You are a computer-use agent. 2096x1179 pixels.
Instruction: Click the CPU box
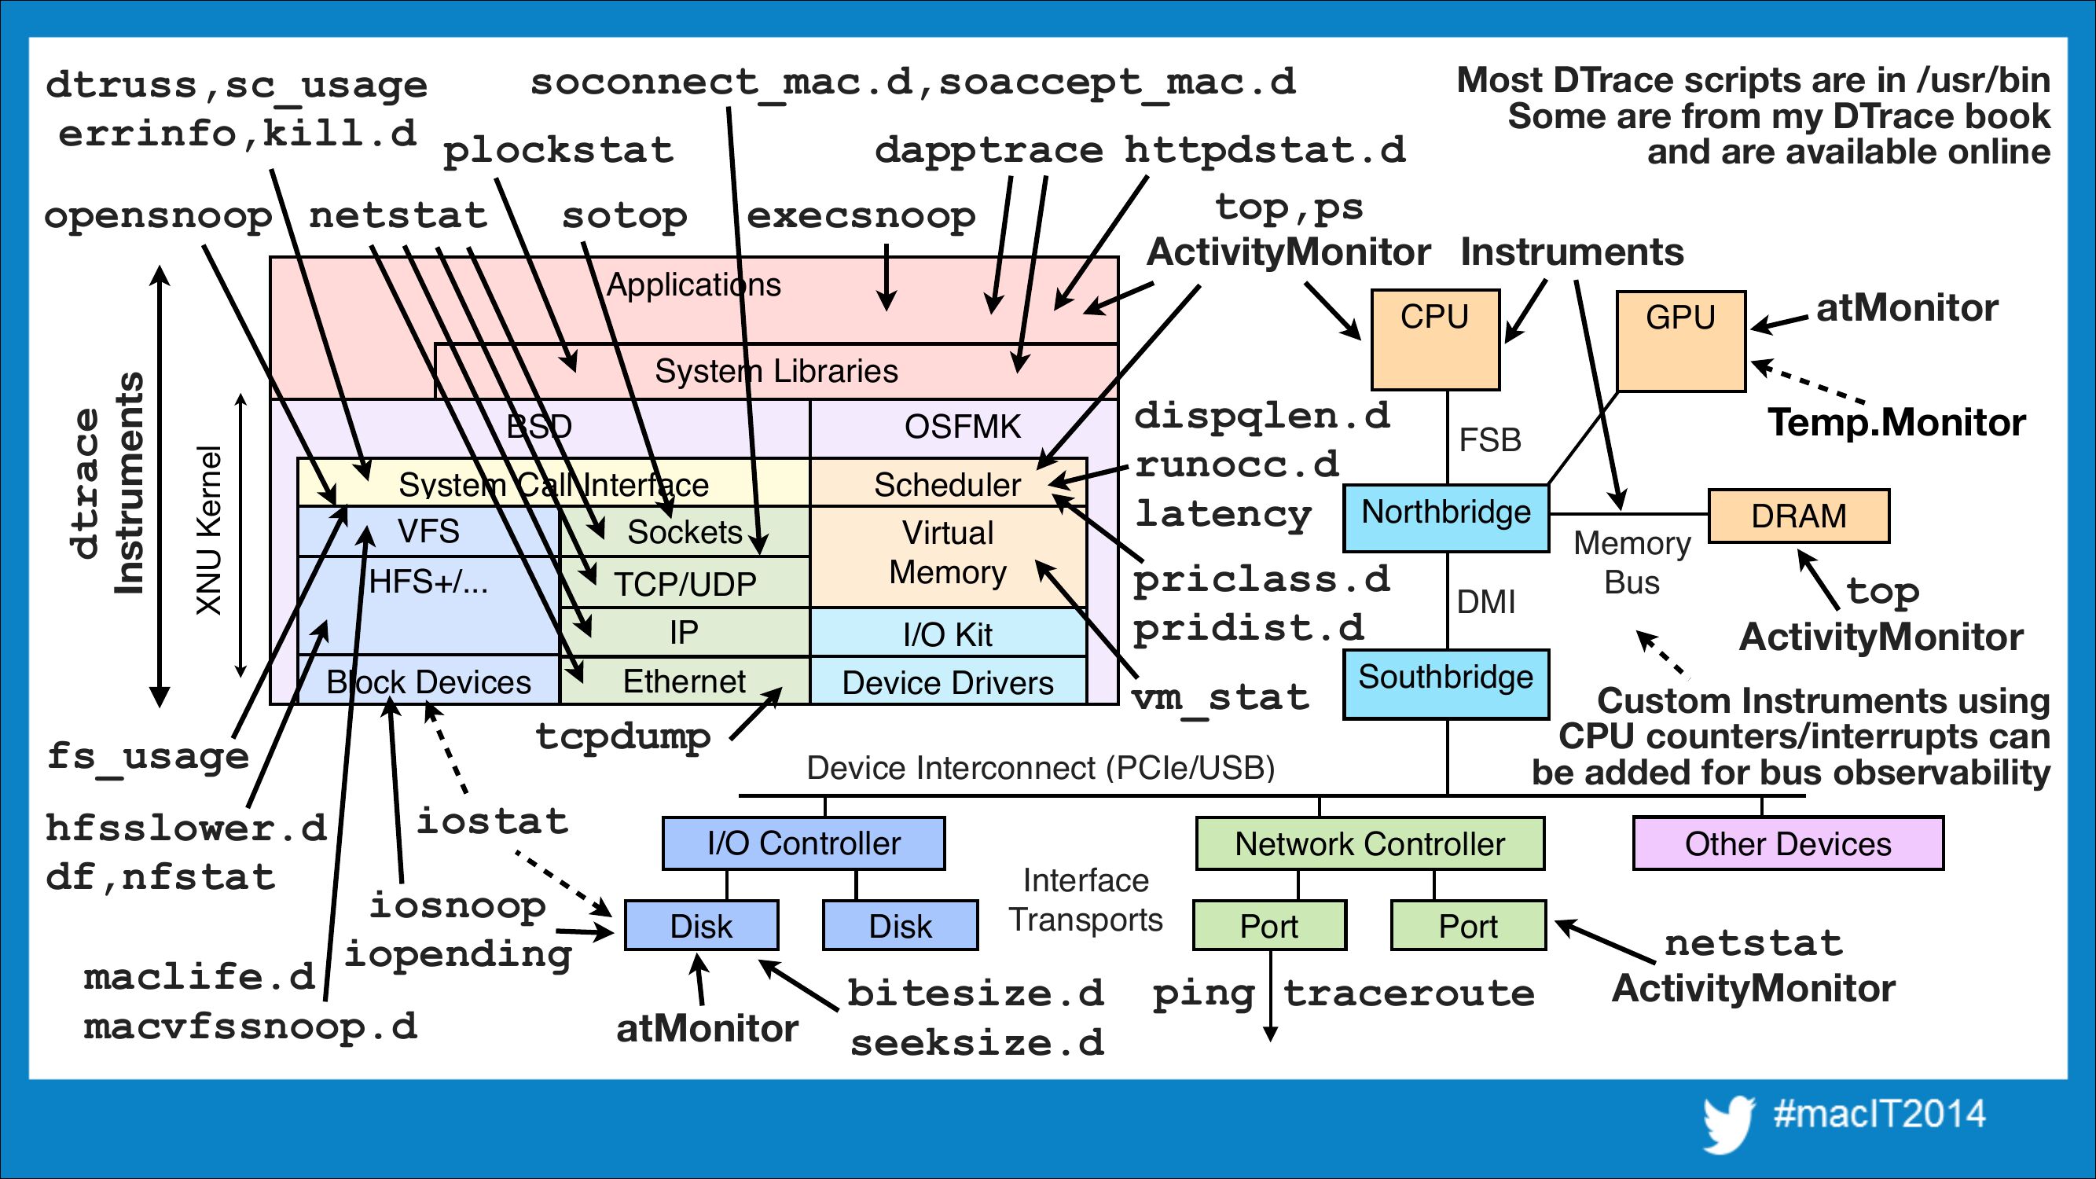1434,340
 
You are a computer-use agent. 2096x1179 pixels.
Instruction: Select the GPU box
1680,341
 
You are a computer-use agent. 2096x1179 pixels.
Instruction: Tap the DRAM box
1798,516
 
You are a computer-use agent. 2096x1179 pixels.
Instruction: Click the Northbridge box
1446,517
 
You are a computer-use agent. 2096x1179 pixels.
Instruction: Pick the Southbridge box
1446,684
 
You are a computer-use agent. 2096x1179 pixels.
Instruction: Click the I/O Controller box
804,843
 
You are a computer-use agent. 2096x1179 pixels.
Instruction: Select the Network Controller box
1369,843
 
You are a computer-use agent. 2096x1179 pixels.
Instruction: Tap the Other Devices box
1788,843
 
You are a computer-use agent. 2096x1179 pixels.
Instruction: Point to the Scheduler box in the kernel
947,483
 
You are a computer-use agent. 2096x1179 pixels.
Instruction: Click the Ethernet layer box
685,681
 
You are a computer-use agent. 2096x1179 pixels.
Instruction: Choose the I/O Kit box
947,634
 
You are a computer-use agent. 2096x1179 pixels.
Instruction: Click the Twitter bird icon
1727,1124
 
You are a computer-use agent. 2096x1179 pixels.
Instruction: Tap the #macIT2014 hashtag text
1880,1114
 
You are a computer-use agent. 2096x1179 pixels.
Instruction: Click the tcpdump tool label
623,737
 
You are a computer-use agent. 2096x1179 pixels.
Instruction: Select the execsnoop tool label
860,216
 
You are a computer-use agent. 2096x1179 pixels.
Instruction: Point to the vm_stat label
1221,698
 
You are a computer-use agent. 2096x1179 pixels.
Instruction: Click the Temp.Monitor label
1896,423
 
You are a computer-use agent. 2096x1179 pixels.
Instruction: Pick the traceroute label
1408,994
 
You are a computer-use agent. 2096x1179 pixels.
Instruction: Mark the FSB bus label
1490,440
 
